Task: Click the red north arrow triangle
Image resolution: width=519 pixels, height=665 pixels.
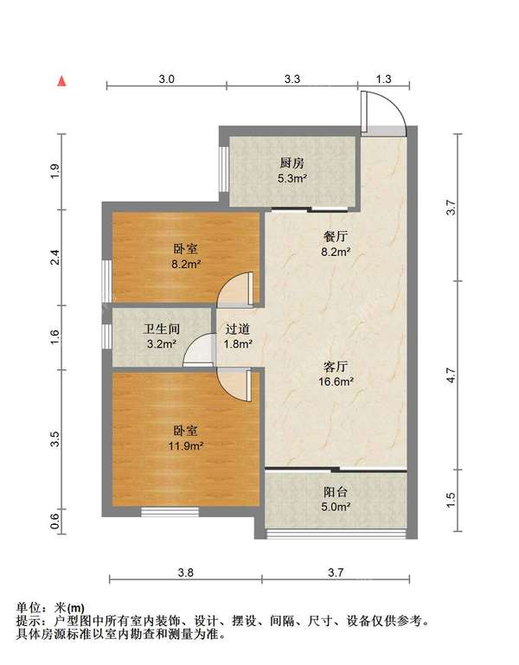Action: pos(61,81)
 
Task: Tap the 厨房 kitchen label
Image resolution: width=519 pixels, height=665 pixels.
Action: pos(292,163)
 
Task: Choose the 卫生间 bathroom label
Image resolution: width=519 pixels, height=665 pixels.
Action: pos(160,329)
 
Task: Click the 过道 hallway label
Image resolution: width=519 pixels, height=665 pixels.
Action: pos(238,329)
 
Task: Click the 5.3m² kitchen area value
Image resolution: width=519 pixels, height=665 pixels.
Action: pos(292,179)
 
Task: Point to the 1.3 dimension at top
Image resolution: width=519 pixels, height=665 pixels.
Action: pos(383,79)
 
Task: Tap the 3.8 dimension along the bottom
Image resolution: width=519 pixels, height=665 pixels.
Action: pos(185,572)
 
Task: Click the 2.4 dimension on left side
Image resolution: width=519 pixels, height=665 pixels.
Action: pos(54,257)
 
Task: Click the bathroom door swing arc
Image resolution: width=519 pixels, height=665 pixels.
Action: pos(199,350)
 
